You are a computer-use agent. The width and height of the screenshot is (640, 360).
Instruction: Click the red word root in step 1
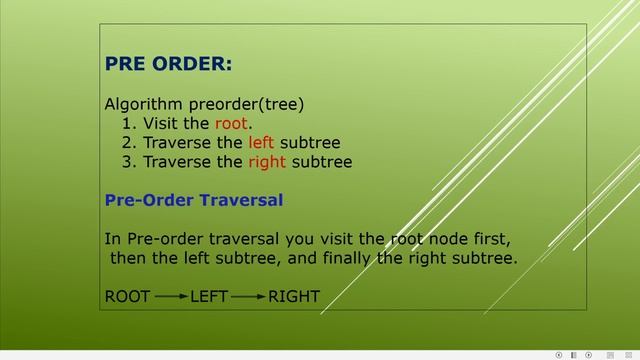point(230,123)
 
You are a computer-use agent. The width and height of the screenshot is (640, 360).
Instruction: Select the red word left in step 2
point(261,142)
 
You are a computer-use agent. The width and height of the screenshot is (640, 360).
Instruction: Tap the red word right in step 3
point(266,161)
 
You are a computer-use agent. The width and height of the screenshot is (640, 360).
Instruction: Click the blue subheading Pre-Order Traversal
point(194,200)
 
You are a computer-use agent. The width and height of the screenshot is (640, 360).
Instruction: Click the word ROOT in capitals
point(127,296)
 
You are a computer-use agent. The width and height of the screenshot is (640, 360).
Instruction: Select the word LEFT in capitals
point(209,296)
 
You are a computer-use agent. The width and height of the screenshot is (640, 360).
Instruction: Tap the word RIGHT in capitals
point(294,296)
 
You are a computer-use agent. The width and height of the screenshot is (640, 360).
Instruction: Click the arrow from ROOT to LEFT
point(171,296)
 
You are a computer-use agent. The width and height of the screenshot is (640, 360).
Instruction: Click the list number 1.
point(128,123)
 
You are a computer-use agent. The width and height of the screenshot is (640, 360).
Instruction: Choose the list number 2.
point(128,142)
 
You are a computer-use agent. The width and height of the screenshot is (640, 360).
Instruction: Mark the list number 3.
point(128,161)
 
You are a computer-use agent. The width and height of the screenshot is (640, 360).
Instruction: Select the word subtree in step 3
point(321,161)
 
